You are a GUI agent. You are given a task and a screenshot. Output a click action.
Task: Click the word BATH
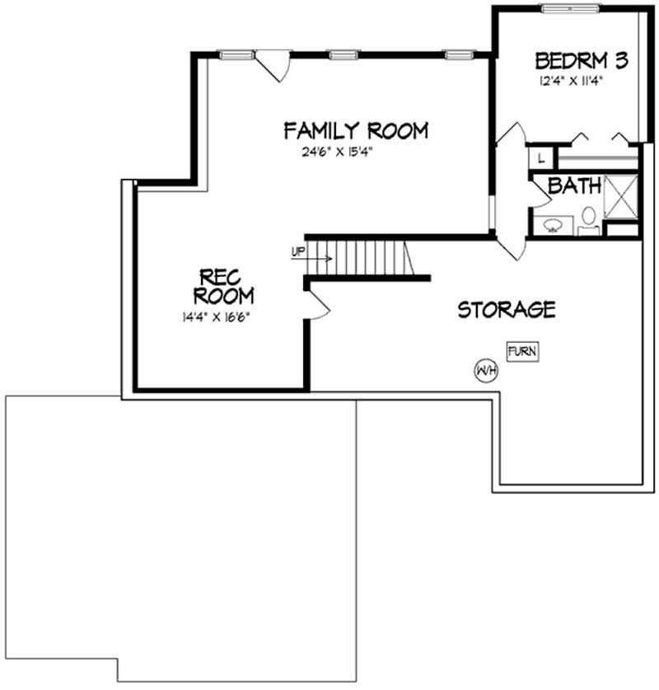(x=573, y=186)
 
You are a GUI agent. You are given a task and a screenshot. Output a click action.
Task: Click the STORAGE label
(x=506, y=310)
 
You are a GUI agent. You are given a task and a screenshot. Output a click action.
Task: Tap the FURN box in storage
(x=522, y=352)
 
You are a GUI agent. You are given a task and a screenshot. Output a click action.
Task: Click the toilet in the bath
(x=588, y=218)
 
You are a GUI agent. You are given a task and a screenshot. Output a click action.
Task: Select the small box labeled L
(x=542, y=157)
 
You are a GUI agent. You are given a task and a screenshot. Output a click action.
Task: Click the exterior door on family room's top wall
(x=272, y=63)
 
